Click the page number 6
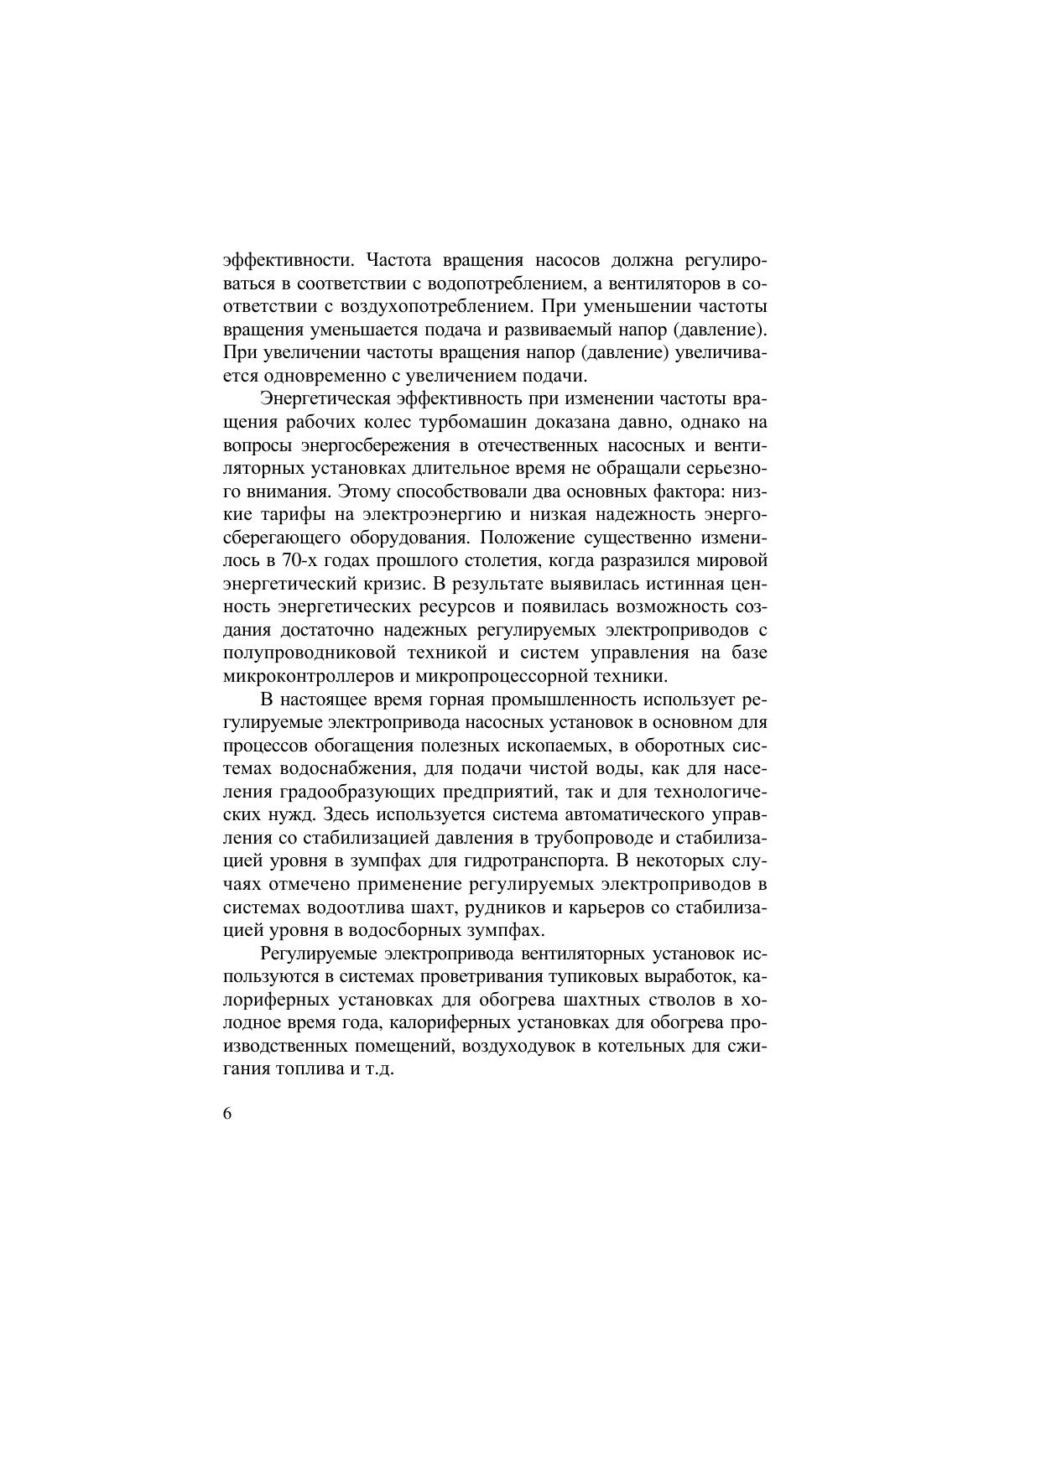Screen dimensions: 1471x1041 pos(228,1114)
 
